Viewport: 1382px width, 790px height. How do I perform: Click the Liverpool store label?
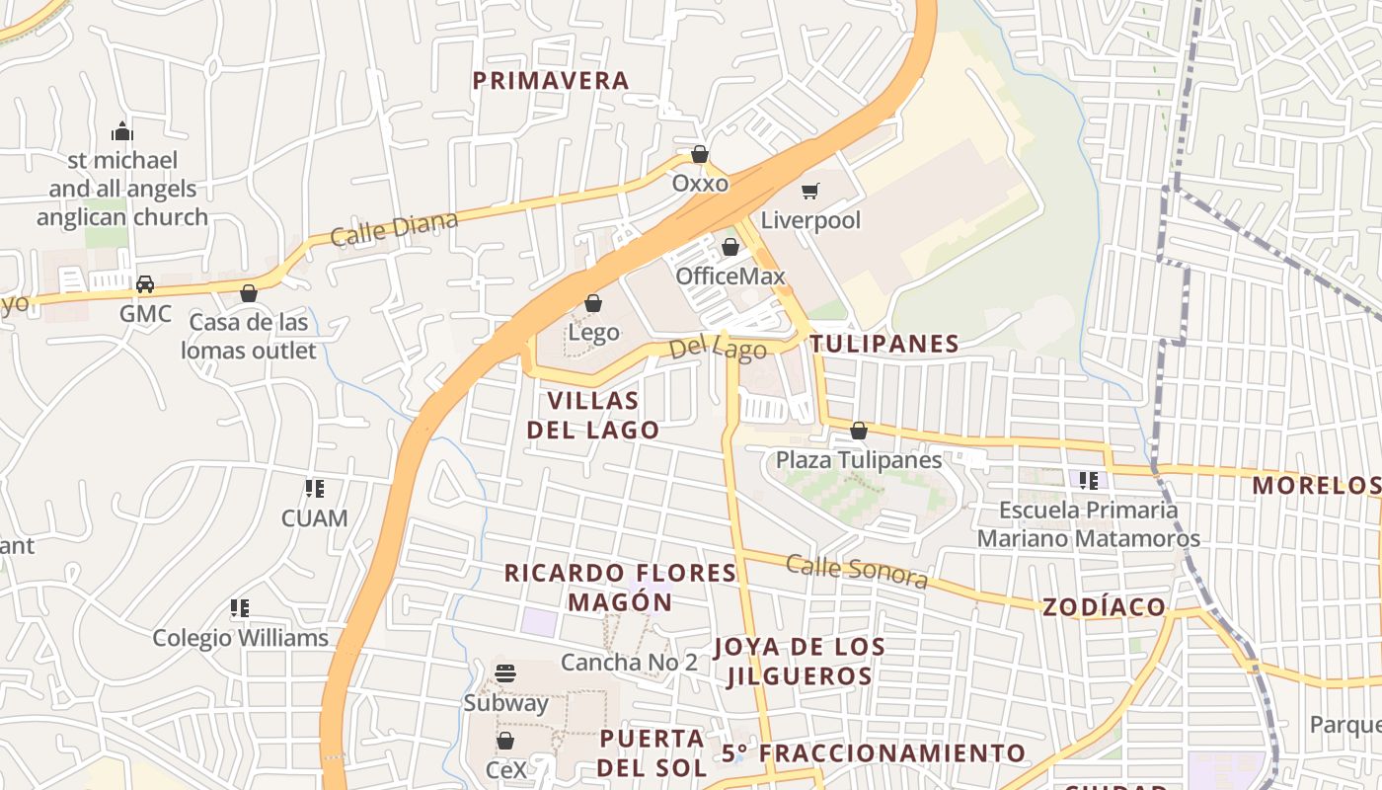pos(810,220)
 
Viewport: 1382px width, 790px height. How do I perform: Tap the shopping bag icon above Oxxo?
pos(700,154)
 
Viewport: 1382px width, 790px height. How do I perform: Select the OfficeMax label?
pos(729,276)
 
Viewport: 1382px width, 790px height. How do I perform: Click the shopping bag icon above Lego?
pos(593,303)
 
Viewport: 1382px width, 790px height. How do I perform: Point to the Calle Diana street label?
pos(394,229)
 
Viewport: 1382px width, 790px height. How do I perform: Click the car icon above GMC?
pos(145,284)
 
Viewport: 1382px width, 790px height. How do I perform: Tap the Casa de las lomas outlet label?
pos(249,336)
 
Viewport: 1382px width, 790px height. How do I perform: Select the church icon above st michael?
pos(122,131)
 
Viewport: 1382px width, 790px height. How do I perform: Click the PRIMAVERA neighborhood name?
pos(550,81)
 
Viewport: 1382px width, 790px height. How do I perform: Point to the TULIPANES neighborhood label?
pos(884,344)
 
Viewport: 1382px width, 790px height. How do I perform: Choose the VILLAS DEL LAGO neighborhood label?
pos(592,415)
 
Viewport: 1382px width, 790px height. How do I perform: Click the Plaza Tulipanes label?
pos(858,459)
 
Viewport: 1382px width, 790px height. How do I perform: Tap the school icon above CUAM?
pos(315,488)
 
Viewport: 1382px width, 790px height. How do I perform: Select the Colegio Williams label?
pos(240,638)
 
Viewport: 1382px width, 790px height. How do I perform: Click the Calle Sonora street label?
pos(857,571)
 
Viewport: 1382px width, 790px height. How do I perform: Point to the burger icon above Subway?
pos(505,673)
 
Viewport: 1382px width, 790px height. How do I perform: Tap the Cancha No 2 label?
pos(629,662)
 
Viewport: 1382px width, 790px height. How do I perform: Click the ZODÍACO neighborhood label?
pos(1104,607)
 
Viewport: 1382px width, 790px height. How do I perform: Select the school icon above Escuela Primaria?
pos(1089,481)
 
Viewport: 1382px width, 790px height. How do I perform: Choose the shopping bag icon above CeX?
pos(505,741)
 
